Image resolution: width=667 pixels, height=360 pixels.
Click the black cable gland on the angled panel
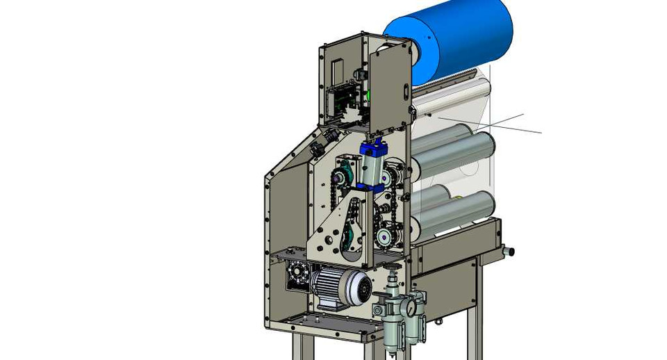click(x=318, y=147)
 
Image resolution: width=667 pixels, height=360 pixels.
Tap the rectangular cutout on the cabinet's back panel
click(x=337, y=69)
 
